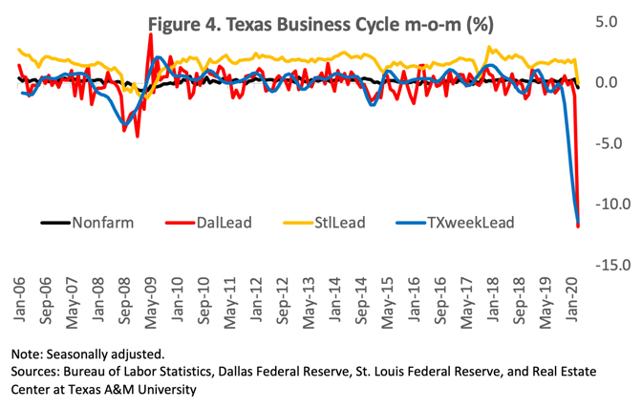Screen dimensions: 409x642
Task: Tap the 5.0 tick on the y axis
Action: (x=611, y=21)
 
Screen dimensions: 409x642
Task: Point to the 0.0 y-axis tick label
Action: (x=611, y=82)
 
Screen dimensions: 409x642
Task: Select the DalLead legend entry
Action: (x=232, y=224)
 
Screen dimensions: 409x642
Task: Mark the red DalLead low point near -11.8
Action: (x=578, y=226)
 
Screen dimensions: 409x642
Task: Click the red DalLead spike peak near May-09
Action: (x=151, y=35)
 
